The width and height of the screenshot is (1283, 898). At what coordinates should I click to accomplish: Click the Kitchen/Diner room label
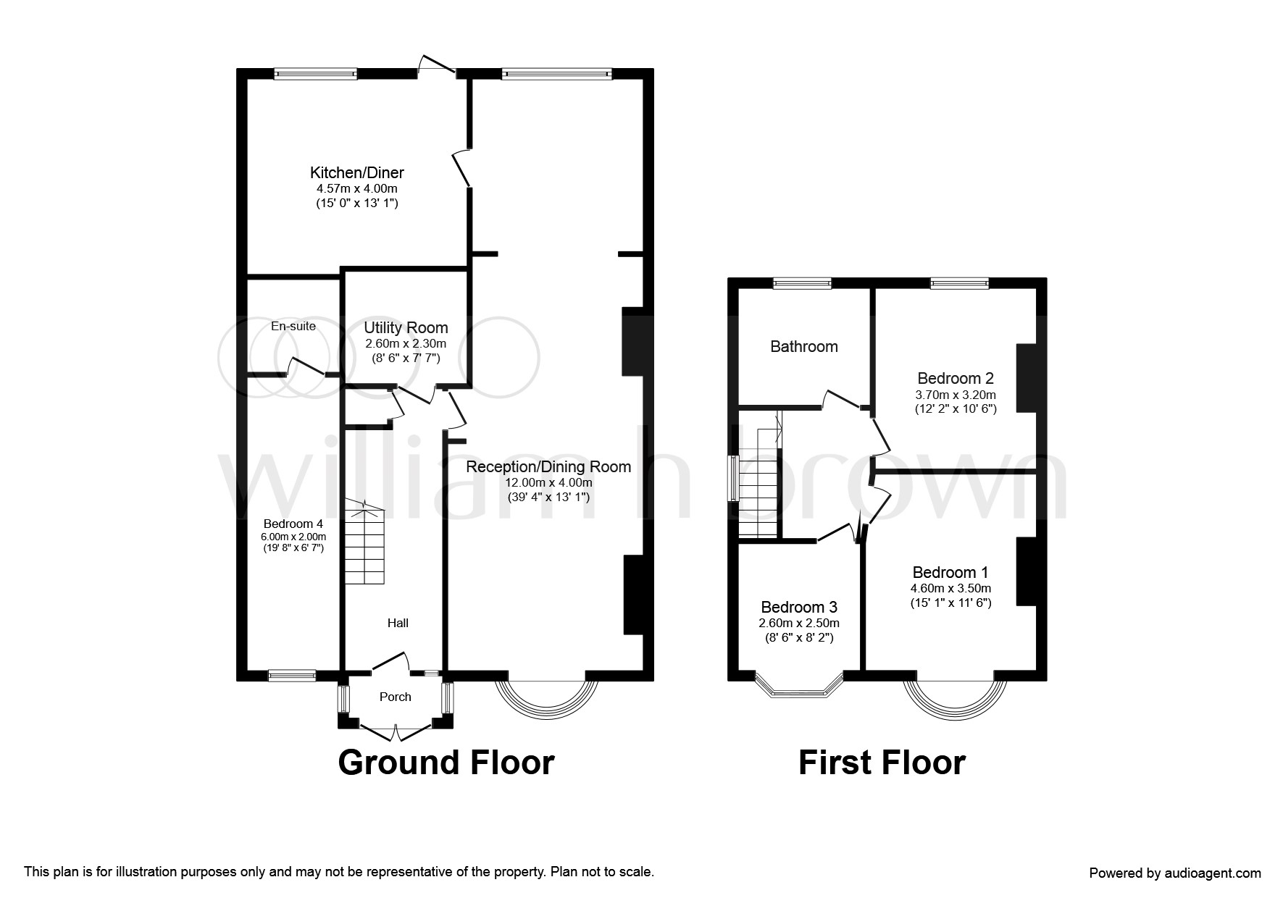(x=357, y=173)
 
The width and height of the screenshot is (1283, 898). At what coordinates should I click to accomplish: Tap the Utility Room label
(x=406, y=328)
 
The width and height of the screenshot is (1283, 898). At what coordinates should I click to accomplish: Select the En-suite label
(x=293, y=326)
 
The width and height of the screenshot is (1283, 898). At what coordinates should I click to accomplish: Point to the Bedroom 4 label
(x=293, y=524)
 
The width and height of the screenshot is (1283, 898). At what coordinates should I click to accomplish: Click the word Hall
(x=398, y=623)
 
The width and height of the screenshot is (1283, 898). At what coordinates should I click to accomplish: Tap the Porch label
(x=396, y=697)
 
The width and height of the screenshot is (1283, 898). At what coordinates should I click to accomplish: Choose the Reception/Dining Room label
(x=548, y=467)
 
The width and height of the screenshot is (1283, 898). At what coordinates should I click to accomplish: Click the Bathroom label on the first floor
(x=804, y=346)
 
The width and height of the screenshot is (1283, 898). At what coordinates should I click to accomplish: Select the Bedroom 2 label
(x=956, y=378)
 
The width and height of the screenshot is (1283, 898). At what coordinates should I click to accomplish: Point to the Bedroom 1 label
(x=950, y=572)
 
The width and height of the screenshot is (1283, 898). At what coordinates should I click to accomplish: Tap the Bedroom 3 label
(x=799, y=607)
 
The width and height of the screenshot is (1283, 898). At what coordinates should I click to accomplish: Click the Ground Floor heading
(x=446, y=763)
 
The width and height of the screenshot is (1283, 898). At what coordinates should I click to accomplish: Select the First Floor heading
(x=882, y=763)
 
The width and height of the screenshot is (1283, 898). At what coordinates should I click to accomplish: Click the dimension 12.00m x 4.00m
(x=549, y=483)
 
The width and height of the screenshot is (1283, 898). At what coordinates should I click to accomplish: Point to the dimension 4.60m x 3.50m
(x=950, y=589)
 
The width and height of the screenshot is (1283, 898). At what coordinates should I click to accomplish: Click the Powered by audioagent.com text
(x=1175, y=873)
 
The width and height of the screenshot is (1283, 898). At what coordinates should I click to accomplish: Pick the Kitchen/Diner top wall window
(x=316, y=73)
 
